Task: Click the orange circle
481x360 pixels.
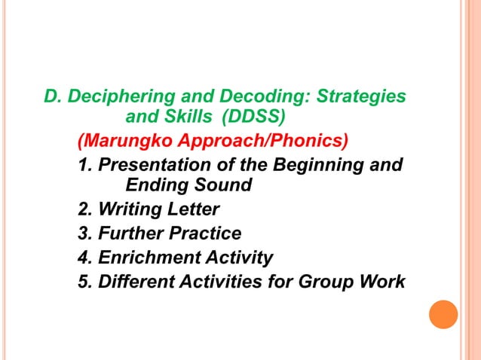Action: point(443,314)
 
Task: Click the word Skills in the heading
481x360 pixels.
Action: point(188,117)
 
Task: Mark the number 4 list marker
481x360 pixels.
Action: point(84,258)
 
